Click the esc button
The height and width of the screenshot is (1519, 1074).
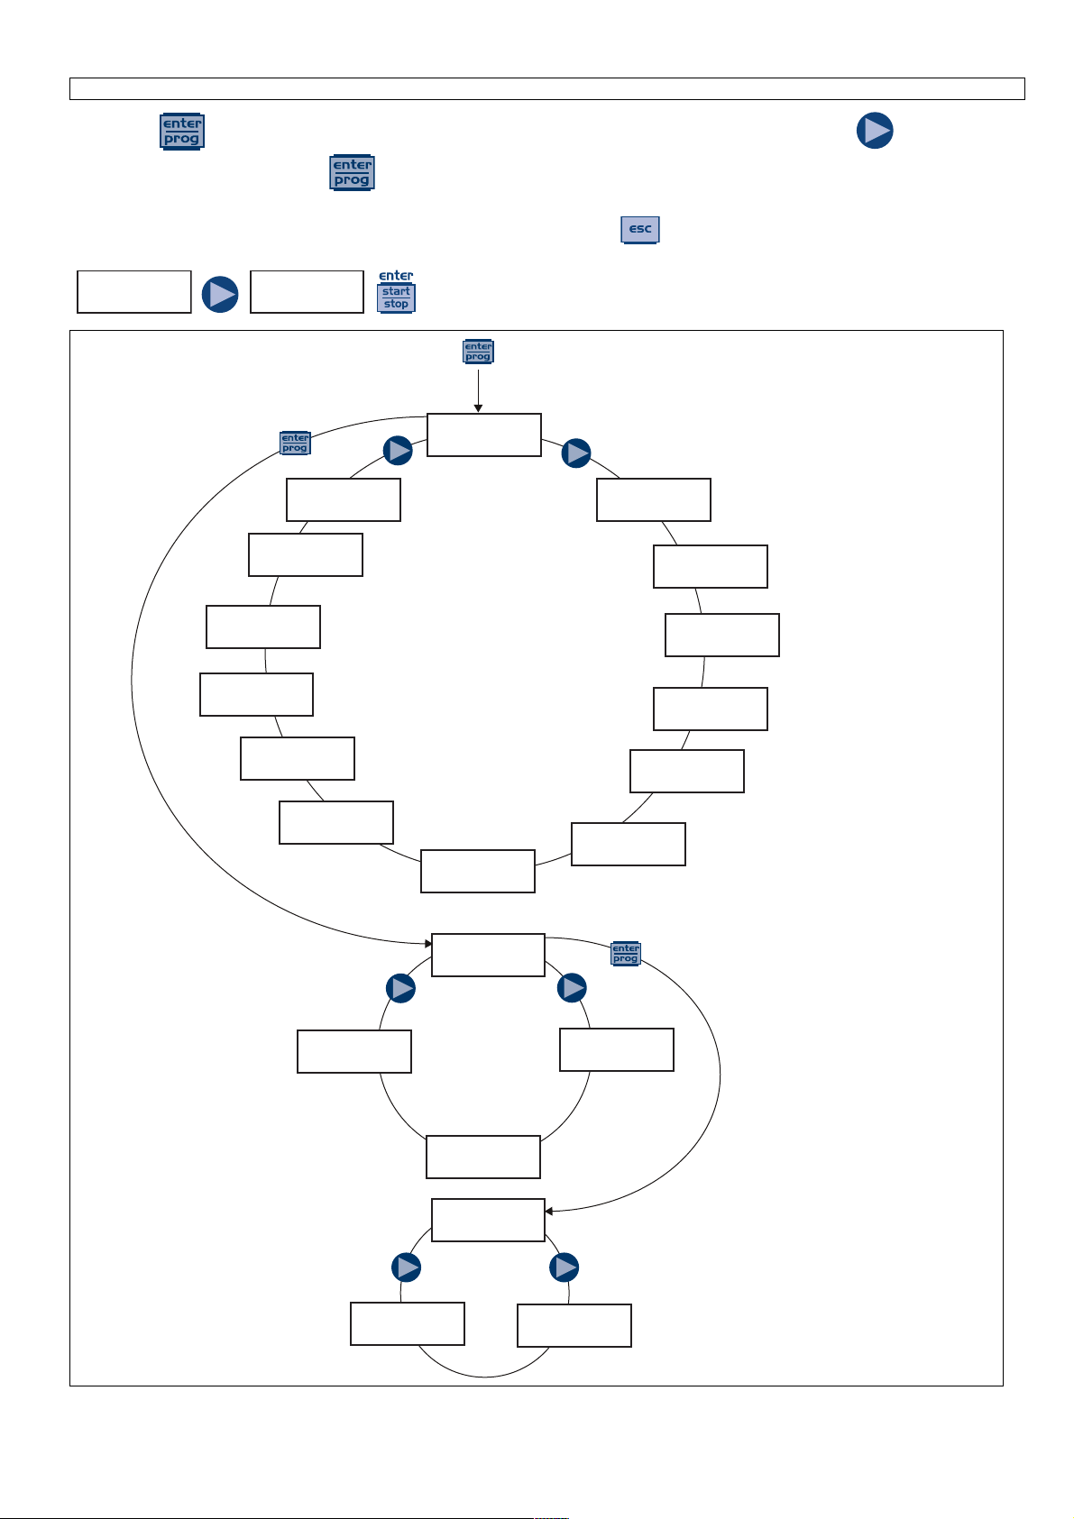639,229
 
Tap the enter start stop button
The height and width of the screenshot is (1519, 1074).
396,291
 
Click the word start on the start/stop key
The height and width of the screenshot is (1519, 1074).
396,291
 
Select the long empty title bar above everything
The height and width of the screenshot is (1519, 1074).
546,89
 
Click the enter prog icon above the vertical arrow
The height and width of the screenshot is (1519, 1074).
478,352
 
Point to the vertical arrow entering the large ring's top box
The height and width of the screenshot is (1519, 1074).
478,390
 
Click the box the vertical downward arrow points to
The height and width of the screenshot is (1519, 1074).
483,435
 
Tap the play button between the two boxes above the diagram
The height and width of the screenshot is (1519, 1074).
220,294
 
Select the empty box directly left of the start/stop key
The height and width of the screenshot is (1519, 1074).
307,291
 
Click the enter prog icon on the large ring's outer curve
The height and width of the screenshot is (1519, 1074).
295,443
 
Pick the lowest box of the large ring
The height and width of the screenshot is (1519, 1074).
478,871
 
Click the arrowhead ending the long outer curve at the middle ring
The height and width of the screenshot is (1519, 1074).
428,943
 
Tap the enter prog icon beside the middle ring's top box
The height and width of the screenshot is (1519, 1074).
625,953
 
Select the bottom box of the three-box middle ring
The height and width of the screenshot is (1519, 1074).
483,1157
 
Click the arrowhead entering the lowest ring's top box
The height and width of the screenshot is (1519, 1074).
548,1211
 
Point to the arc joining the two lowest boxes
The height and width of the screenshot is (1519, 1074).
483,1377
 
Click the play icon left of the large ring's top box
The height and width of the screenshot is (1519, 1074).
398,450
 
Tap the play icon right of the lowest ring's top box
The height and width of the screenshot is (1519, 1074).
564,1267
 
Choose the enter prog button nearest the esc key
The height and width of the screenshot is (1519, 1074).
352,172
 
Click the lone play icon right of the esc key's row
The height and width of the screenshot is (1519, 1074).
875,130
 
